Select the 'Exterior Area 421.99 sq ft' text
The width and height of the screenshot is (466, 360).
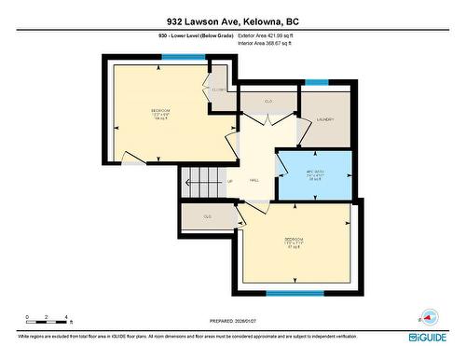click(x=271, y=35)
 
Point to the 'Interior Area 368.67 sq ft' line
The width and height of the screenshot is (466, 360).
click(x=270, y=43)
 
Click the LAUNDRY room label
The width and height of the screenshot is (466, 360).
click(x=325, y=120)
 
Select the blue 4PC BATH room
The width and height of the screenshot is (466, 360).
click(x=314, y=173)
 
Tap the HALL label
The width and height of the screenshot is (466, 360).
click(x=254, y=181)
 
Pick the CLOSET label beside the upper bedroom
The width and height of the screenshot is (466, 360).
click(x=219, y=90)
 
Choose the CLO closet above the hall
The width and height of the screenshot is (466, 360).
click(x=268, y=101)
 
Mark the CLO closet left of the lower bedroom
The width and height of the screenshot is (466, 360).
click(x=208, y=216)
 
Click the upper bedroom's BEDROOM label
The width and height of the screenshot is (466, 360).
click(x=160, y=113)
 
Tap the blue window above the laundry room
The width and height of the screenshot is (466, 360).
click(x=317, y=83)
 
